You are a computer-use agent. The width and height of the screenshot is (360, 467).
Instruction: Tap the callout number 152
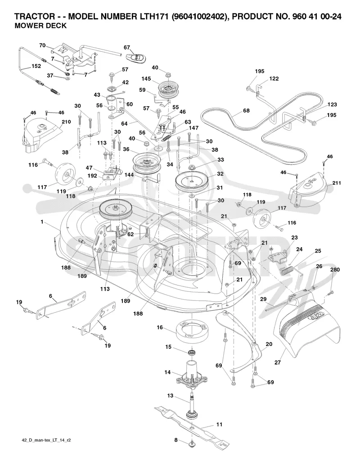[36, 66]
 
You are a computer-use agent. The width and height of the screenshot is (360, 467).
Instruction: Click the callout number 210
[66, 122]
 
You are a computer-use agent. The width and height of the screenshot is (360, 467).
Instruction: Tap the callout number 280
[335, 270]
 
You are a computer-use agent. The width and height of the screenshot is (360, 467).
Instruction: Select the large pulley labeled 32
[191, 181]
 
